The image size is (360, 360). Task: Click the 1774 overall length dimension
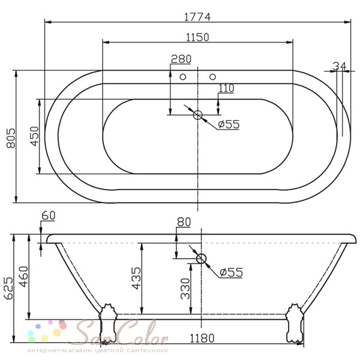[x=197, y=17]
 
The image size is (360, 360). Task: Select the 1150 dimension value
[x=197, y=37]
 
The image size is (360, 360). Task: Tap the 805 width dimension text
[x=11, y=138]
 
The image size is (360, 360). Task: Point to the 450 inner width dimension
[x=35, y=136]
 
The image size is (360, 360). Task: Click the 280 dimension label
[x=181, y=59]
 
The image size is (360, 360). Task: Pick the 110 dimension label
[x=226, y=88]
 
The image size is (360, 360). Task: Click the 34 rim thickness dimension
[x=340, y=66]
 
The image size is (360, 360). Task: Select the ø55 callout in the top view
[x=229, y=124]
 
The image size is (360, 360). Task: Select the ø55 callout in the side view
[x=231, y=272]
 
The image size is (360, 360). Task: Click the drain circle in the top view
[x=197, y=115]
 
